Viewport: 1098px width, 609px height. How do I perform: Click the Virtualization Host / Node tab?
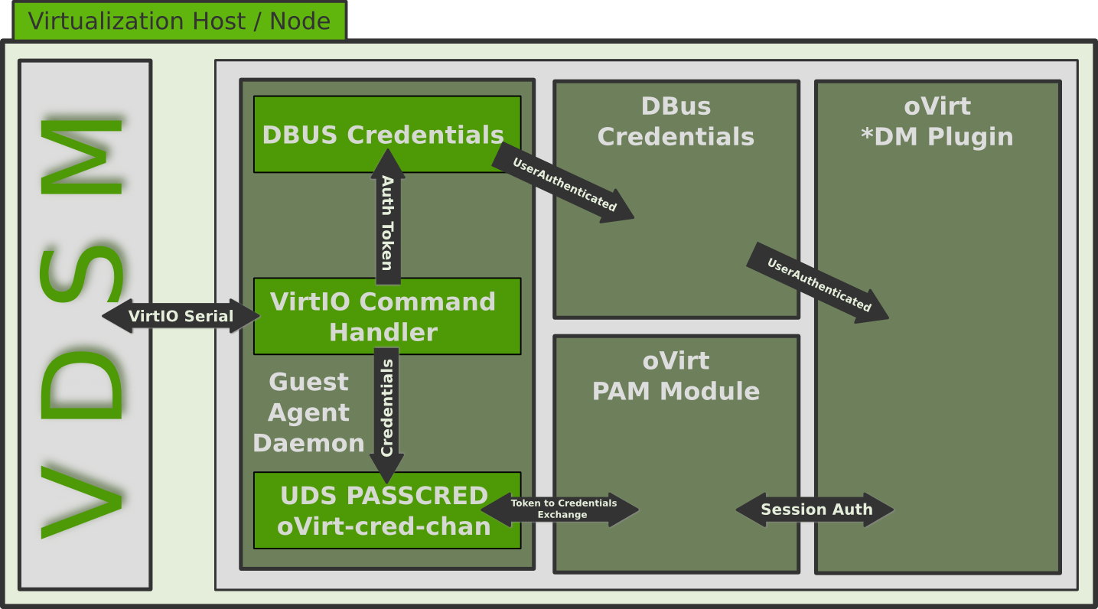coord(179,21)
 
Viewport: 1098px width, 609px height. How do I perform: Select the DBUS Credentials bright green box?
coord(383,135)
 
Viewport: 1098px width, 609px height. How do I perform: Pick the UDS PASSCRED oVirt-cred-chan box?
coord(384,510)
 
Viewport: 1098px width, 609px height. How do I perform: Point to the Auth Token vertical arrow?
coord(388,222)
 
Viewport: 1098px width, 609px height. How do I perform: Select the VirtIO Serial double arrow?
coord(181,316)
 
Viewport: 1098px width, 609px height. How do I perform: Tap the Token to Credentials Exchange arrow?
coord(562,510)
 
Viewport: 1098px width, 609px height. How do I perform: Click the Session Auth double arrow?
coord(816,510)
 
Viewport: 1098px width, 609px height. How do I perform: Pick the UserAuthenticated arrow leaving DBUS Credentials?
coord(564,184)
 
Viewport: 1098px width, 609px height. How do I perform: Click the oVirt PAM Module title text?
coord(676,376)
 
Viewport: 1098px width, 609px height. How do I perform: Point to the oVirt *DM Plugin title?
coord(937,121)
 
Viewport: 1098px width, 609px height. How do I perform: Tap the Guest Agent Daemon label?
coord(308,412)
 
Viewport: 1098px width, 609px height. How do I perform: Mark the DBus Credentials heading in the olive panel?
coord(676,121)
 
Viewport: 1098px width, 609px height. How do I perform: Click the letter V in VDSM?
coord(82,501)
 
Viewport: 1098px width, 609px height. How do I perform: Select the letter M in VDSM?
coord(82,156)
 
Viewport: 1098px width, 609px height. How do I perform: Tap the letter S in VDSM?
coord(82,275)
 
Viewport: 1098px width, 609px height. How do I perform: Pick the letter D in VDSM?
coord(82,387)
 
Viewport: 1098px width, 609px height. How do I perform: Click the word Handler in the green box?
coord(383,333)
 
